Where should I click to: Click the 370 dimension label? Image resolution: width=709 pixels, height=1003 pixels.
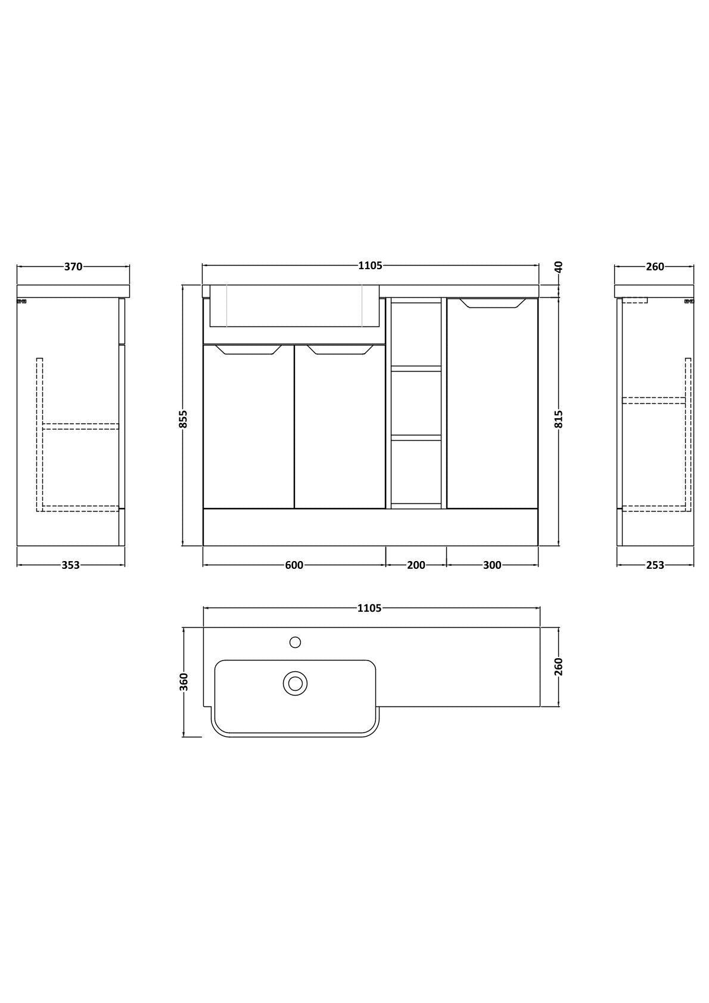click(73, 266)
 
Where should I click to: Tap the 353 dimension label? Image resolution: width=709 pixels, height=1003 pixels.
click(70, 565)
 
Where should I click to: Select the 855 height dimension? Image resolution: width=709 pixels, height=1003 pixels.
click(184, 419)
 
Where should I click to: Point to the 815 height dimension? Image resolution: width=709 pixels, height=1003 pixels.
click(558, 419)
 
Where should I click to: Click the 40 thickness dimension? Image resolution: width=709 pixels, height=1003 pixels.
click(558, 267)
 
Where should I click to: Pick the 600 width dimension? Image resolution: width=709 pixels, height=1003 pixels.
click(294, 565)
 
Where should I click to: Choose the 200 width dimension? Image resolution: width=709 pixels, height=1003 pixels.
click(416, 565)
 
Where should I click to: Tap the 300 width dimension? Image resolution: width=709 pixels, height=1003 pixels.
click(492, 565)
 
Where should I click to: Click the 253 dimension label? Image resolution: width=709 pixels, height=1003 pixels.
click(655, 565)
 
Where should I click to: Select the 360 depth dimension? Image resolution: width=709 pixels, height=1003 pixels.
click(184, 682)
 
